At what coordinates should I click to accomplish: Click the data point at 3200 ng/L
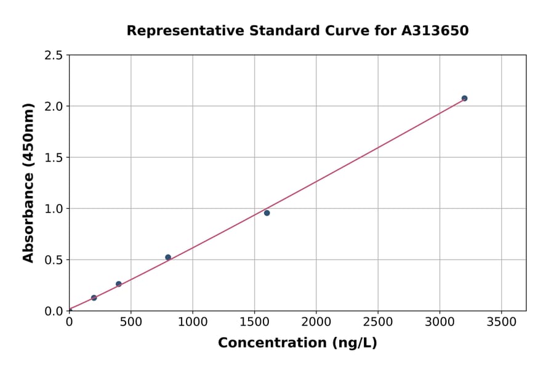coord(464,99)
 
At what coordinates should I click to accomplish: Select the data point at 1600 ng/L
coord(267,213)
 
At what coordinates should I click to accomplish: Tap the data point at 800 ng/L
coord(168,258)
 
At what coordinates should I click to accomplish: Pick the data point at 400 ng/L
coord(119,284)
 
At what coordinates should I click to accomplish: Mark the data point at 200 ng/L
coord(94,298)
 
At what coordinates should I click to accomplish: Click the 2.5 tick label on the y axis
coord(54,55)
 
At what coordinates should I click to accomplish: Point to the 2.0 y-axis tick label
coord(54,107)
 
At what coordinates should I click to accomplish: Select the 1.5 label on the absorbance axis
coord(54,158)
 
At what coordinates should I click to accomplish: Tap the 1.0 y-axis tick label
coord(54,209)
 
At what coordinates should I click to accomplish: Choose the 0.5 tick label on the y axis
coord(54,260)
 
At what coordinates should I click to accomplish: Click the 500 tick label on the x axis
coord(131,322)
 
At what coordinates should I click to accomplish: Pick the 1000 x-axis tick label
coord(193,322)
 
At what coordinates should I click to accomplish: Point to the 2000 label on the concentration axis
coord(316,322)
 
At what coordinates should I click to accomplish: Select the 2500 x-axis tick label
coord(378,322)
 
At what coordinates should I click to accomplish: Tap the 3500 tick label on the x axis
coord(501,322)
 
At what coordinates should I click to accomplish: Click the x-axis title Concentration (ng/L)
coord(297,343)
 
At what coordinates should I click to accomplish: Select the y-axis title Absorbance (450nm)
coord(28,182)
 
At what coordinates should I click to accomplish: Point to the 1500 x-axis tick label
coord(254,322)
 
